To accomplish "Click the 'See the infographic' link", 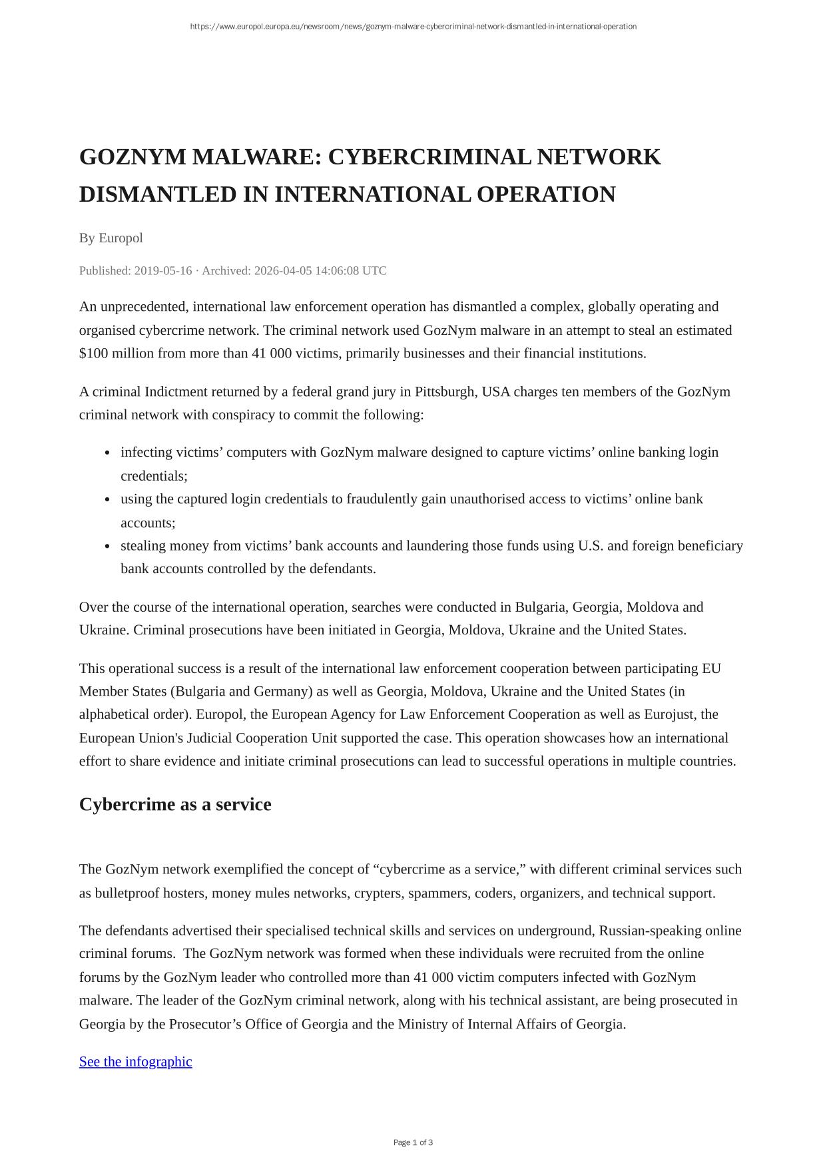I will point(135,1061).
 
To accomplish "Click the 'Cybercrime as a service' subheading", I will point(175,804).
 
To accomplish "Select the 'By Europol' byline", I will point(111,238).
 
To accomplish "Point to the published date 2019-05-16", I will point(163,270).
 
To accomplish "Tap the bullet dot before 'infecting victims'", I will point(107,453).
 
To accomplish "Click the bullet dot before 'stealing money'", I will point(107,546).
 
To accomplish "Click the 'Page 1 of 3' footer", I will point(413,1142).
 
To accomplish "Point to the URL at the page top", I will point(413,27).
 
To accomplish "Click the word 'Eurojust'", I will point(671,714).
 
